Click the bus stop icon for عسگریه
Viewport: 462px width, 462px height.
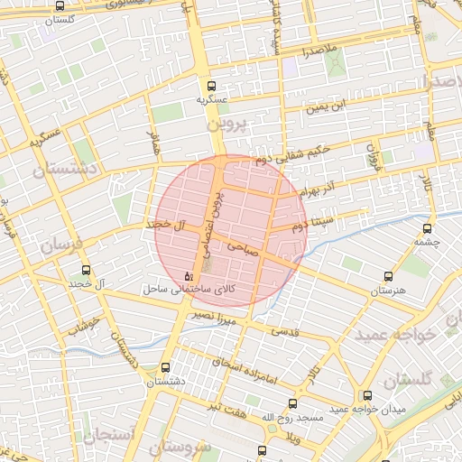[x=211, y=83]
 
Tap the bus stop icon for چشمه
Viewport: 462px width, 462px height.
[x=426, y=229]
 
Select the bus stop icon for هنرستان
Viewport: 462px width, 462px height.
[x=388, y=277]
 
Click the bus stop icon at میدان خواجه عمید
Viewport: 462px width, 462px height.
[x=366, y=395]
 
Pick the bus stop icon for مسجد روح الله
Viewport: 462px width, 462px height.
[x=291, y=403]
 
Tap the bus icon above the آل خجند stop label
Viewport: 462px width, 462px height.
[x=87, y=270]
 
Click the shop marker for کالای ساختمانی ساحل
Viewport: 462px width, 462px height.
[x=188, y=276]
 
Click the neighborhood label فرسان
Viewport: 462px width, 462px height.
[x=61, y=245]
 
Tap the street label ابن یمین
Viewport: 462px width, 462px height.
[x=324, y=107]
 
